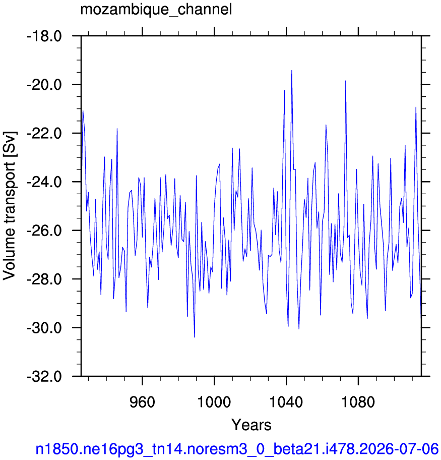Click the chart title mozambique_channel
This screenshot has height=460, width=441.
pos(156,10)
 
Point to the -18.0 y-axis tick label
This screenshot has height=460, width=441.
pos(44,36)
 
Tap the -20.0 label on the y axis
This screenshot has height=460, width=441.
pos(44,85)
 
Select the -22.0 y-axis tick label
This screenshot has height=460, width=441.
pos(44,134)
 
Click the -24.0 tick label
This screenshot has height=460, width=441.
pos(44,182)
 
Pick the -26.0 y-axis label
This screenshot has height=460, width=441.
pos(44,231)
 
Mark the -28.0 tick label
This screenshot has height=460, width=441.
pos(44,279)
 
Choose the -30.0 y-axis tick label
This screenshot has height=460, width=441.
pos(44,328)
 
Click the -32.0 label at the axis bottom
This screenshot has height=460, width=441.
pos(44,376)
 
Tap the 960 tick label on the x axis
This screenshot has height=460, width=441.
pos(142,402)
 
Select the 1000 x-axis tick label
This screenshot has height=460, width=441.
pos(214,402)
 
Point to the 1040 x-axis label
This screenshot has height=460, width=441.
pos(286,402)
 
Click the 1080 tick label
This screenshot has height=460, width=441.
pos(358,402)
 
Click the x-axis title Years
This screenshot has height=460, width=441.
pos(251,425)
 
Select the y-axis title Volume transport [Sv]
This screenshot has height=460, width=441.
pos(10,206)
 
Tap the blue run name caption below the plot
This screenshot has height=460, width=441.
pos(237,449)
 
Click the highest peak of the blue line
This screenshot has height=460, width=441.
pos(291,71)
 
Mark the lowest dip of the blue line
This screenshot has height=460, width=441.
pos(195,337)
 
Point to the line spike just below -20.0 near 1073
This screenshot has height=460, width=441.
pos(346,81)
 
